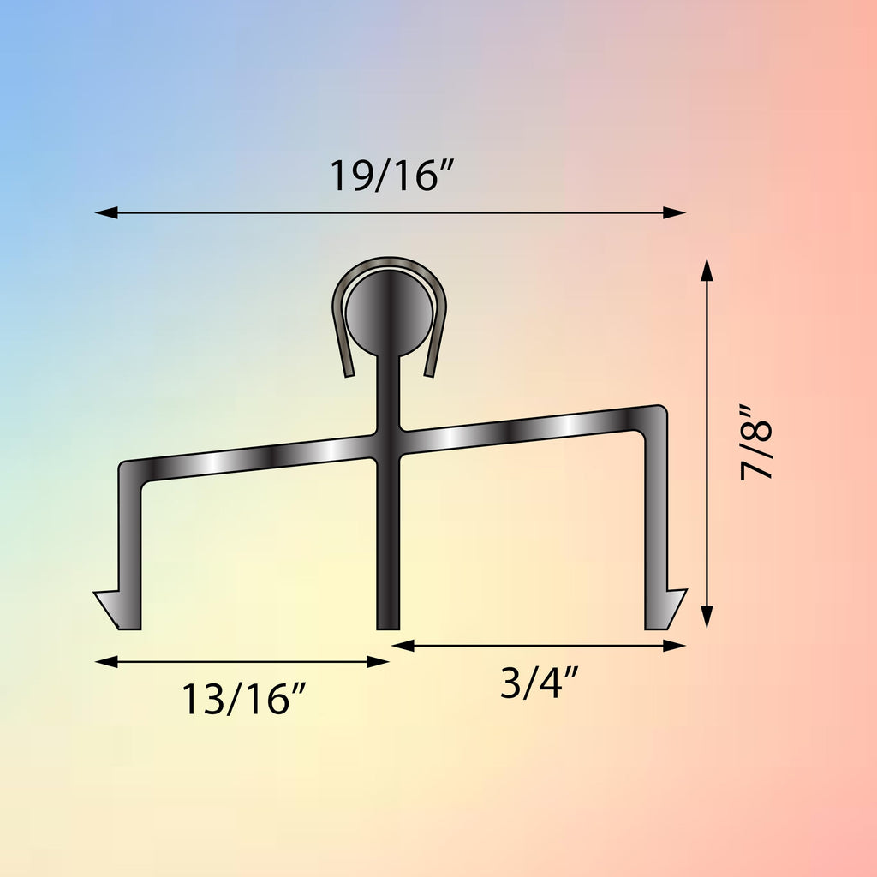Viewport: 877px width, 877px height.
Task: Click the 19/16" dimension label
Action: coord(391,176)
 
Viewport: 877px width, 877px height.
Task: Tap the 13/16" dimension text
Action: coord(243,699)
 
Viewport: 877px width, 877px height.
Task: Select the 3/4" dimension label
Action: coord(539,683)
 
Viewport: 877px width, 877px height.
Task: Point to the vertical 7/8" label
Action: coord(756,443)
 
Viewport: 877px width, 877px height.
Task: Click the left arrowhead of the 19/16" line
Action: coord(106,212)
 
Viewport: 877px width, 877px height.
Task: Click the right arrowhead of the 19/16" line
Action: coord(675,212)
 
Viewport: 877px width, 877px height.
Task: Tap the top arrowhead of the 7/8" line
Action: coord(707,270)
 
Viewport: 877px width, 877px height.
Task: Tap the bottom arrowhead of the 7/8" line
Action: coord(707,617)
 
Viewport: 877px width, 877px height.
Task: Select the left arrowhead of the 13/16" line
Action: coord(106,662)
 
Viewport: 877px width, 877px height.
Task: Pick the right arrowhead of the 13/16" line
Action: coord(378,662)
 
